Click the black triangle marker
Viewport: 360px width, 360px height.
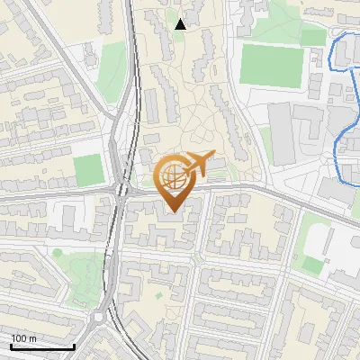(x=180, y=24)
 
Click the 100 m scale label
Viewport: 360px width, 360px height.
(x=23, y=337)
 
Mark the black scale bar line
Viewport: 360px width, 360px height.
(x=42, y=346)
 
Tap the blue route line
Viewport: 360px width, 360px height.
(x=343, y=144)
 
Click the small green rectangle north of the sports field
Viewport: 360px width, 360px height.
(x=312, y=37)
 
